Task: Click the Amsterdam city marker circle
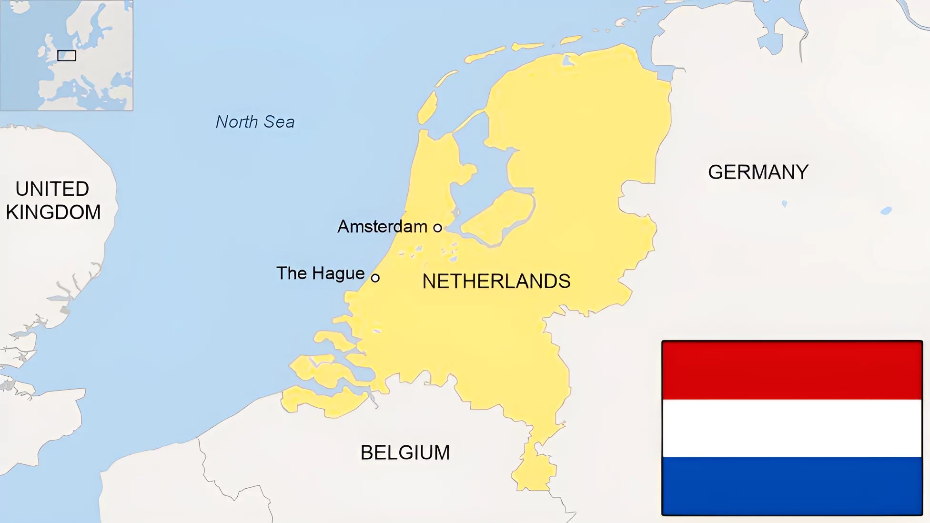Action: (437, 228)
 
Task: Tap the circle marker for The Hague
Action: (375, 278)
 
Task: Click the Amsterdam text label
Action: (382, 226)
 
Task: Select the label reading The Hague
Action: (320, 273)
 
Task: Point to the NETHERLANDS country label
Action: (496, 282)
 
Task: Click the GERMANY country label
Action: (758, 172)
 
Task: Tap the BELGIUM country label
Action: (405, 453)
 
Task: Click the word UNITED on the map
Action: (52, 189)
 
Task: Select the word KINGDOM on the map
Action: (53, 212)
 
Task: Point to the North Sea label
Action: (255, 122)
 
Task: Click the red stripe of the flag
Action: (792, 371)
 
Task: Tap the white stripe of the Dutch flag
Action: (792, 428)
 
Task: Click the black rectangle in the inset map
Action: (67, 56)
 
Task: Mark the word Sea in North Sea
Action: (279, 122)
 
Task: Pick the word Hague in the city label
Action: (338, 274)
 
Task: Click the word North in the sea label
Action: (237, 122)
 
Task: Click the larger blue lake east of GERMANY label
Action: (886, 211)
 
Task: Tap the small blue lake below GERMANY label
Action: (784, 204)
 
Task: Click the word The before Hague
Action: (292, 273)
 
